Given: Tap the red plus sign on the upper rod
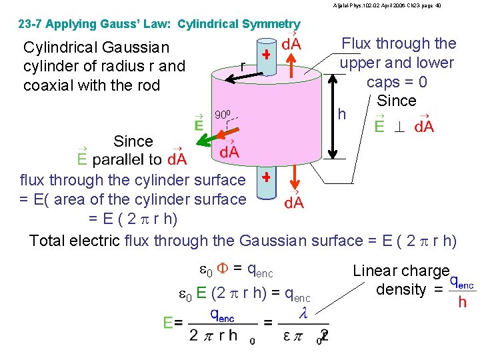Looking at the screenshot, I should coord(266,55).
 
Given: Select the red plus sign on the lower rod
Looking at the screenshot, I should coord(266,178).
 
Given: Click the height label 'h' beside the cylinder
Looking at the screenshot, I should coord(341,114).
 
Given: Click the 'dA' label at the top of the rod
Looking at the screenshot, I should coord(291,44).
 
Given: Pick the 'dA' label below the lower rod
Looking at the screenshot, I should coord(294,201).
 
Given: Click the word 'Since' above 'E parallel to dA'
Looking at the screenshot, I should coord(133,141).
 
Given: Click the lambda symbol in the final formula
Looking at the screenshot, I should coord(303,313).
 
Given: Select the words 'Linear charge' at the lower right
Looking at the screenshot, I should coord(401,271).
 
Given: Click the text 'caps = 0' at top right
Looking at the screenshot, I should coord(397,82).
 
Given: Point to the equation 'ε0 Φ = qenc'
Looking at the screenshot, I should coord(237,270).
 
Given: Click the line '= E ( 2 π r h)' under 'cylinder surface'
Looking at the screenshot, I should coord(133,219).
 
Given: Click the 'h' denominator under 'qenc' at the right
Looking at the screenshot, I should coord(461,302).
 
